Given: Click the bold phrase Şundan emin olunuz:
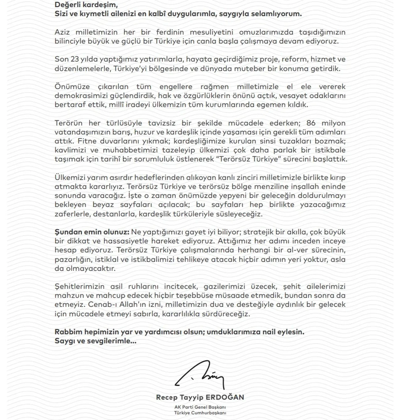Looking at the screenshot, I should tap(92, 232).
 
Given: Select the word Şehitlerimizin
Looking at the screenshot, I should tap(80, 287).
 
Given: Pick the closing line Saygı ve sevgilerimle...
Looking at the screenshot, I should tap(95, 341).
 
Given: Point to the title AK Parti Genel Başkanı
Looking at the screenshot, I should tap(200, 407).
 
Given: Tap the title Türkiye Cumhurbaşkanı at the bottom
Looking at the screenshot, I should tap(200, 413).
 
